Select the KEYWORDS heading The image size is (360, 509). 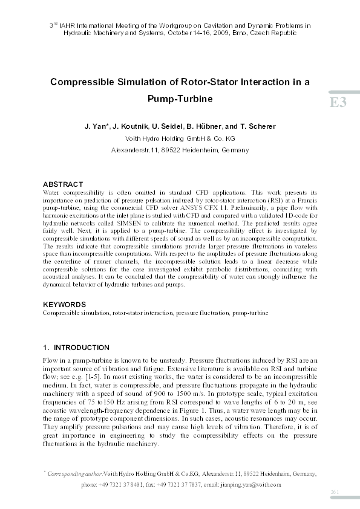(65, 305)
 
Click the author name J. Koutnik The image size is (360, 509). (132, 126)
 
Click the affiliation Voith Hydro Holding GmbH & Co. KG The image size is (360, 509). (179, 138)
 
